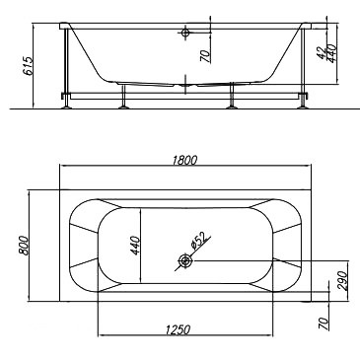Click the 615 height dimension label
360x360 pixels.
[x=29, y=66]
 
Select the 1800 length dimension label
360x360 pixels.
[x=184, y=160]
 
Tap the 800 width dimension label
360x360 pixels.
[x=24, y=246]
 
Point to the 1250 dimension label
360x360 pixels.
[x=178, y=329]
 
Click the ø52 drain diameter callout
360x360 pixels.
[x=198, y=241]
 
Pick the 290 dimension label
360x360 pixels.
[x=342, y=280]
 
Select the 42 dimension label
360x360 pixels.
[x=322, y=52]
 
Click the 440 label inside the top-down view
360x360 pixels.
[x=135, y=246]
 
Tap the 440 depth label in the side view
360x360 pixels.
[x=331, y=53]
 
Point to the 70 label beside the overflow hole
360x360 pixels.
[x=205, y=56]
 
